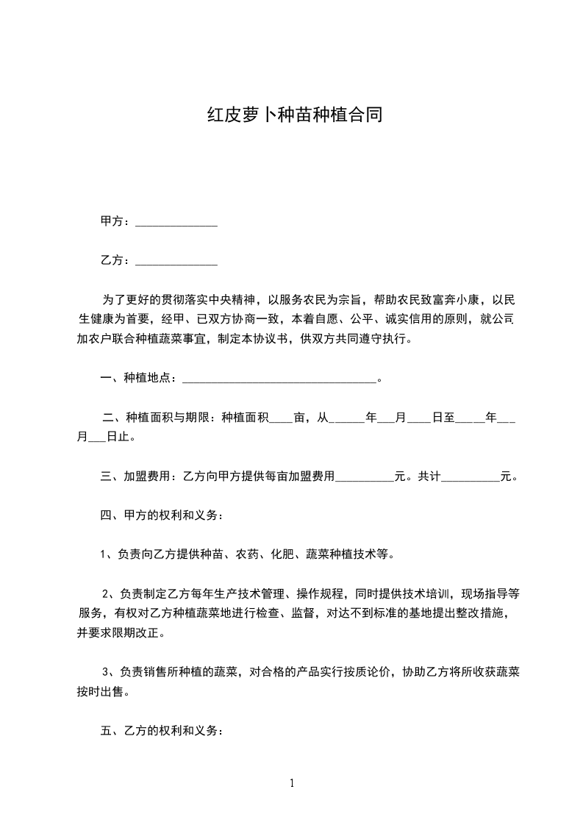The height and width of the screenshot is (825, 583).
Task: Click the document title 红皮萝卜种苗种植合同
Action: (x=294, y=115)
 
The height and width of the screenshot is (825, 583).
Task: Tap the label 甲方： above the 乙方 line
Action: (x=116, y=221)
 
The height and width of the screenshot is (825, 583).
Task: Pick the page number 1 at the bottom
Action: (x=292, y=783)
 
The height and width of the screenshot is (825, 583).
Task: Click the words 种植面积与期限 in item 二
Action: (x=171, y=418)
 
